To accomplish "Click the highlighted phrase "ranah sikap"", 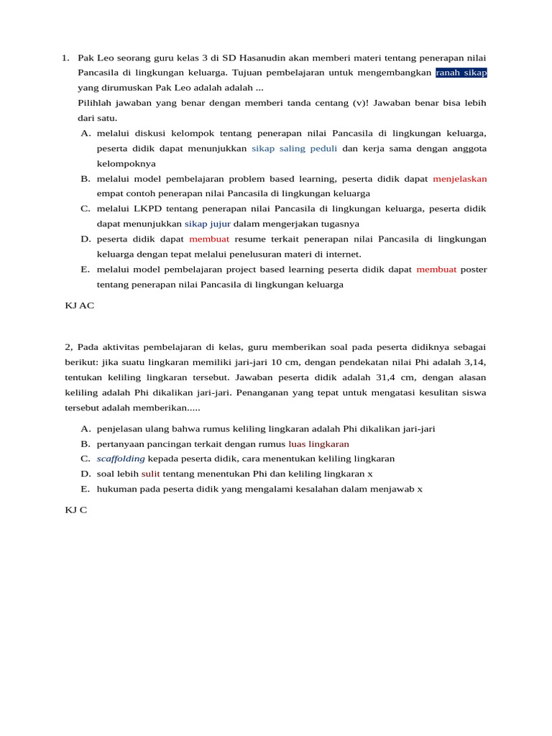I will (x=461, y=73).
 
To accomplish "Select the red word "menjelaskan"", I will (x=459, y=178).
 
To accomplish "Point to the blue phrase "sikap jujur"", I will (x=207, y=224).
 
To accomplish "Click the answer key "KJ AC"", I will (x=79, y=305).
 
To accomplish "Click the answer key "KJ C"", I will (x=75, y=510).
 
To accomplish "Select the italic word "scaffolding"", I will (x=121, y=459).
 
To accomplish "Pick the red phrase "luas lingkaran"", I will (x=318, y=443).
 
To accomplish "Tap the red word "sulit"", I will (x=150, y=474).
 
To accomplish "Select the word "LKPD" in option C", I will (x=147, y=208).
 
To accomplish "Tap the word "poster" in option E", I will (x=474, y=269).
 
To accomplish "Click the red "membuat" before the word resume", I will (x=209, y=239).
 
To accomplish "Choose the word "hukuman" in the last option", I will (x=118, y=489).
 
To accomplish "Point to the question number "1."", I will (x=65, y=57).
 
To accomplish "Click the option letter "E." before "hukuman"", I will (x=86, y=489).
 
